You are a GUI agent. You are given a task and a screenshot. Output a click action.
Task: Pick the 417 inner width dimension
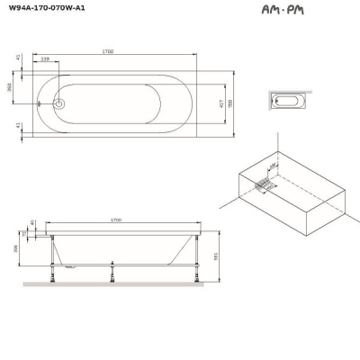pyautogui.click(x=221, y=103)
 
